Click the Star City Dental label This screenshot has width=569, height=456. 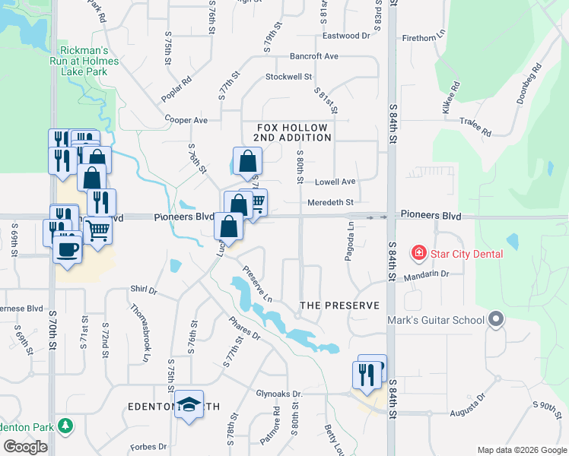466,253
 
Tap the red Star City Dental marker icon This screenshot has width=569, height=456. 418,252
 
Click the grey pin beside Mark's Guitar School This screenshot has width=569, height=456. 497,319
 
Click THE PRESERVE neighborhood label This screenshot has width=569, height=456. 339,306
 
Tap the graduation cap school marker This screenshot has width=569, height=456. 189,404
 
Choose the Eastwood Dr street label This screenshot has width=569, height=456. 345,36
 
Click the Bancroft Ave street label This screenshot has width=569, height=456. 313,56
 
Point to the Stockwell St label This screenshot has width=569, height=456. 288,77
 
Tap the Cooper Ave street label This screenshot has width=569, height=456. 186,120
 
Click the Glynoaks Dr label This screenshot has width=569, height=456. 279,394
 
